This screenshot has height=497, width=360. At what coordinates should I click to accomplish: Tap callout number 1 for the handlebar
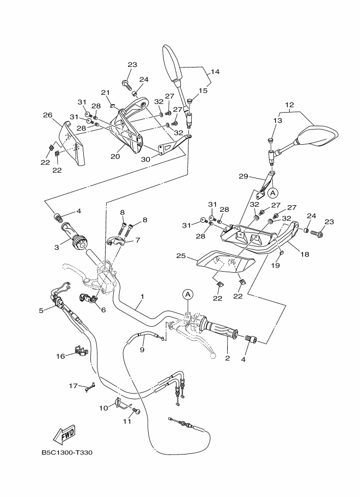142,297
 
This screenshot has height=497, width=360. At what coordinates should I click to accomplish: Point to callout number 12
289,105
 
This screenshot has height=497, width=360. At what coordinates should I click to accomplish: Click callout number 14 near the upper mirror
215,72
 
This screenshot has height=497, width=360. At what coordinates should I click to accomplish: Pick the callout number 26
47,115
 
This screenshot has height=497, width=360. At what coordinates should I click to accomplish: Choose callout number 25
181,255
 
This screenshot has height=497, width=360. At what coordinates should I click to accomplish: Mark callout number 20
115,156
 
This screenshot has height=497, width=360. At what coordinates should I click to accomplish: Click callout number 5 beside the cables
41,311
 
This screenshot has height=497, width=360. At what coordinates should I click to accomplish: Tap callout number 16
60,355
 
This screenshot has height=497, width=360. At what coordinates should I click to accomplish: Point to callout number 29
243,176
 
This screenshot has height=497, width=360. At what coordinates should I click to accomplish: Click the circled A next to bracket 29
273,192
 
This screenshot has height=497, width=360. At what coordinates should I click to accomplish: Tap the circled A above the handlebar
188,294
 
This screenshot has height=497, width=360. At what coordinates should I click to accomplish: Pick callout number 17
73,385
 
